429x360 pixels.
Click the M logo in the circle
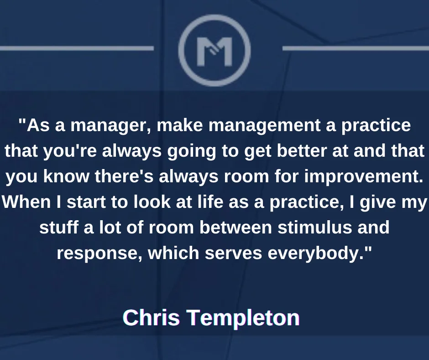click(214, 52)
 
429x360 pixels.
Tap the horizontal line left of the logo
click(77, 48)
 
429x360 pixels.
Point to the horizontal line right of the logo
click(356, 48)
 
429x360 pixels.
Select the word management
click(264, 126)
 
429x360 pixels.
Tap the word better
click(302, 151)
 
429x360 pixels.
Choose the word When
click(26, 202)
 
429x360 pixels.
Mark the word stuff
click(58, 228)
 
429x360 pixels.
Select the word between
click(235, 228)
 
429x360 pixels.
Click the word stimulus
click(314, 228)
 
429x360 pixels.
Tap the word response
click(99, 254)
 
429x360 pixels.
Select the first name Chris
click(152, 318)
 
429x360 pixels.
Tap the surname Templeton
click(244, 318)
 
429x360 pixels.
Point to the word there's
click(124, 176)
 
